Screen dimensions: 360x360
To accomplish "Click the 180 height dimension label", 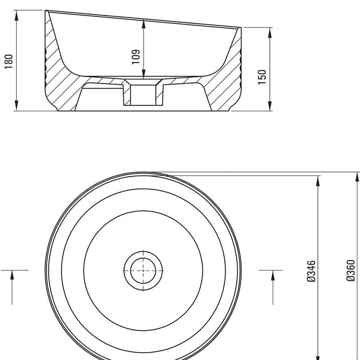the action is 9,61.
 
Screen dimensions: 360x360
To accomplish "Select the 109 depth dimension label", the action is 136,57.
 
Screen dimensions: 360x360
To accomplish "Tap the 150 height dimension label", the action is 262,77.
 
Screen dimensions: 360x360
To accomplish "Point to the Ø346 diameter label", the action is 311,271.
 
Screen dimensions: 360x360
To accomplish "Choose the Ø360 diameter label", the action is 351,270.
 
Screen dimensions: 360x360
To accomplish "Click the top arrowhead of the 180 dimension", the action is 16,15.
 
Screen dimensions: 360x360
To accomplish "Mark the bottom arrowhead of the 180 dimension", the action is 16,105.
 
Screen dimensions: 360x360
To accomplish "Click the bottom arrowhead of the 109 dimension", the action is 144,74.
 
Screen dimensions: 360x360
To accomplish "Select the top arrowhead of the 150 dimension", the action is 270,33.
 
